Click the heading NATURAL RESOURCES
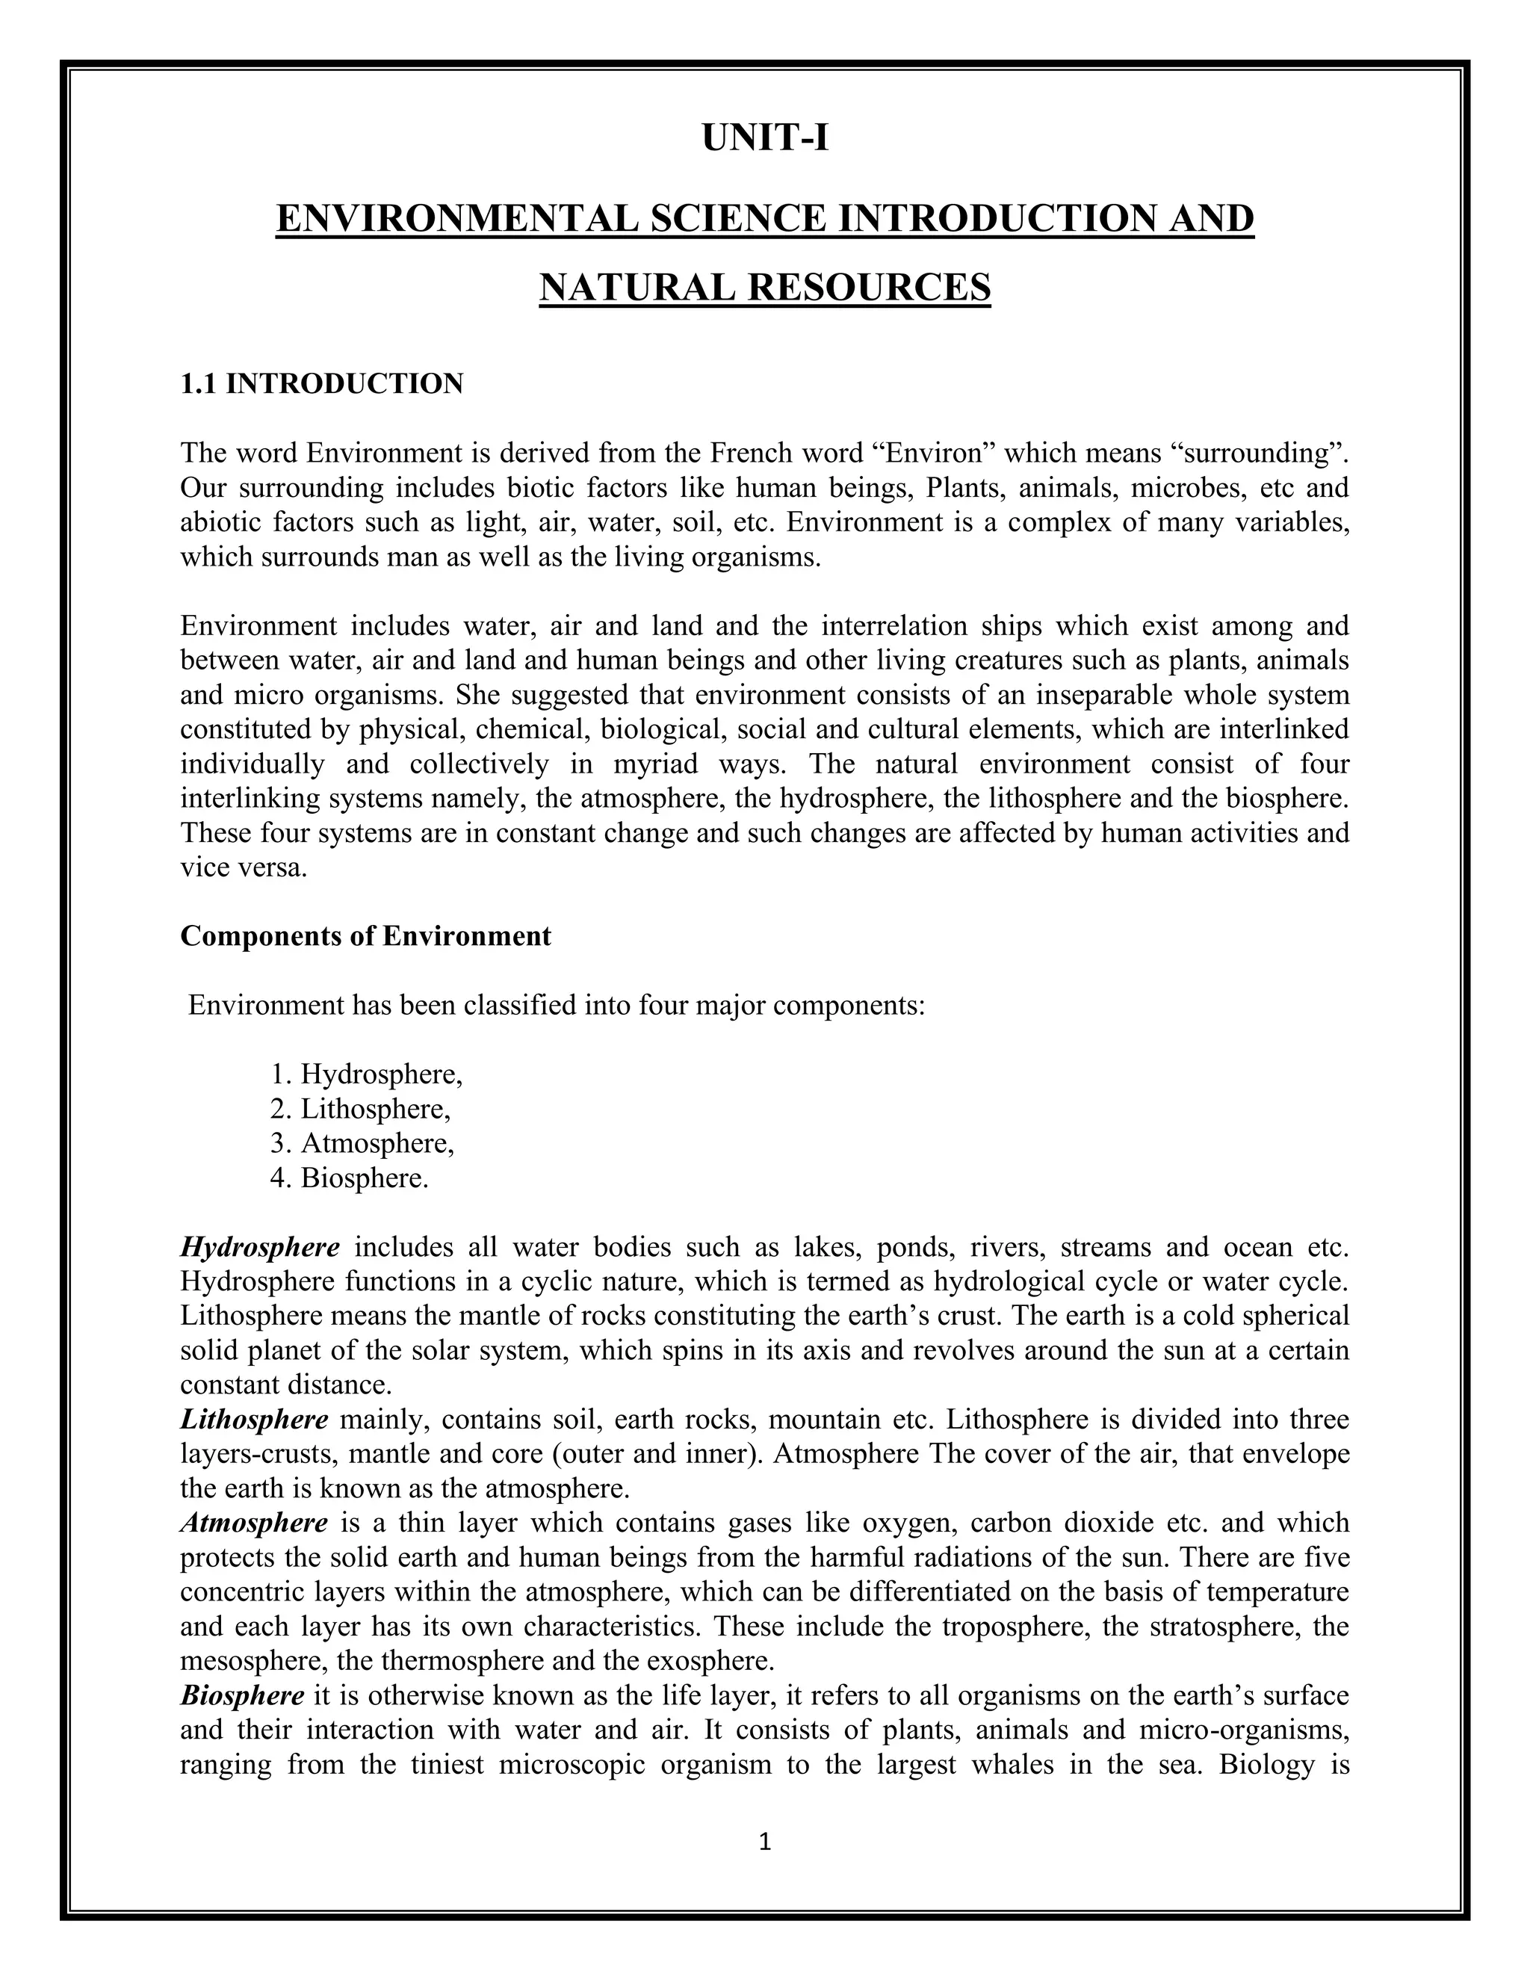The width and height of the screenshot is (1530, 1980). pyautogui.click(x=764, y=288)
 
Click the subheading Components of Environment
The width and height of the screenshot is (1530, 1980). pyautogui.click(x=365, y=935)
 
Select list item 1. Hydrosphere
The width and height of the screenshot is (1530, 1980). pyautogui.click(x=367, y=1074)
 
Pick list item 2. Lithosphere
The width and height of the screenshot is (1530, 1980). pyautogui.click(x=361, y=1109)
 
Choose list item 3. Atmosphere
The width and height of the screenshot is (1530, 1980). pyautogui.click(x=362, y=1143)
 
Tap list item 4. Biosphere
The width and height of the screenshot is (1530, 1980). pyautogui.click(x=350, y=1178)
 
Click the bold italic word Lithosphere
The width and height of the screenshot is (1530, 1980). pyautogui.click(x=254, y=1419)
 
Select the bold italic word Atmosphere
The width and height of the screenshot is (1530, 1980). pyautogui.click(x=254, y=1522)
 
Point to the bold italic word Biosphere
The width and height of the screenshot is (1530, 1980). pyautogui.click(x=242, y=1695)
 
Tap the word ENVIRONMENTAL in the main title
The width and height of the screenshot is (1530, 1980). pyautogui.click(x=458, y=218)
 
